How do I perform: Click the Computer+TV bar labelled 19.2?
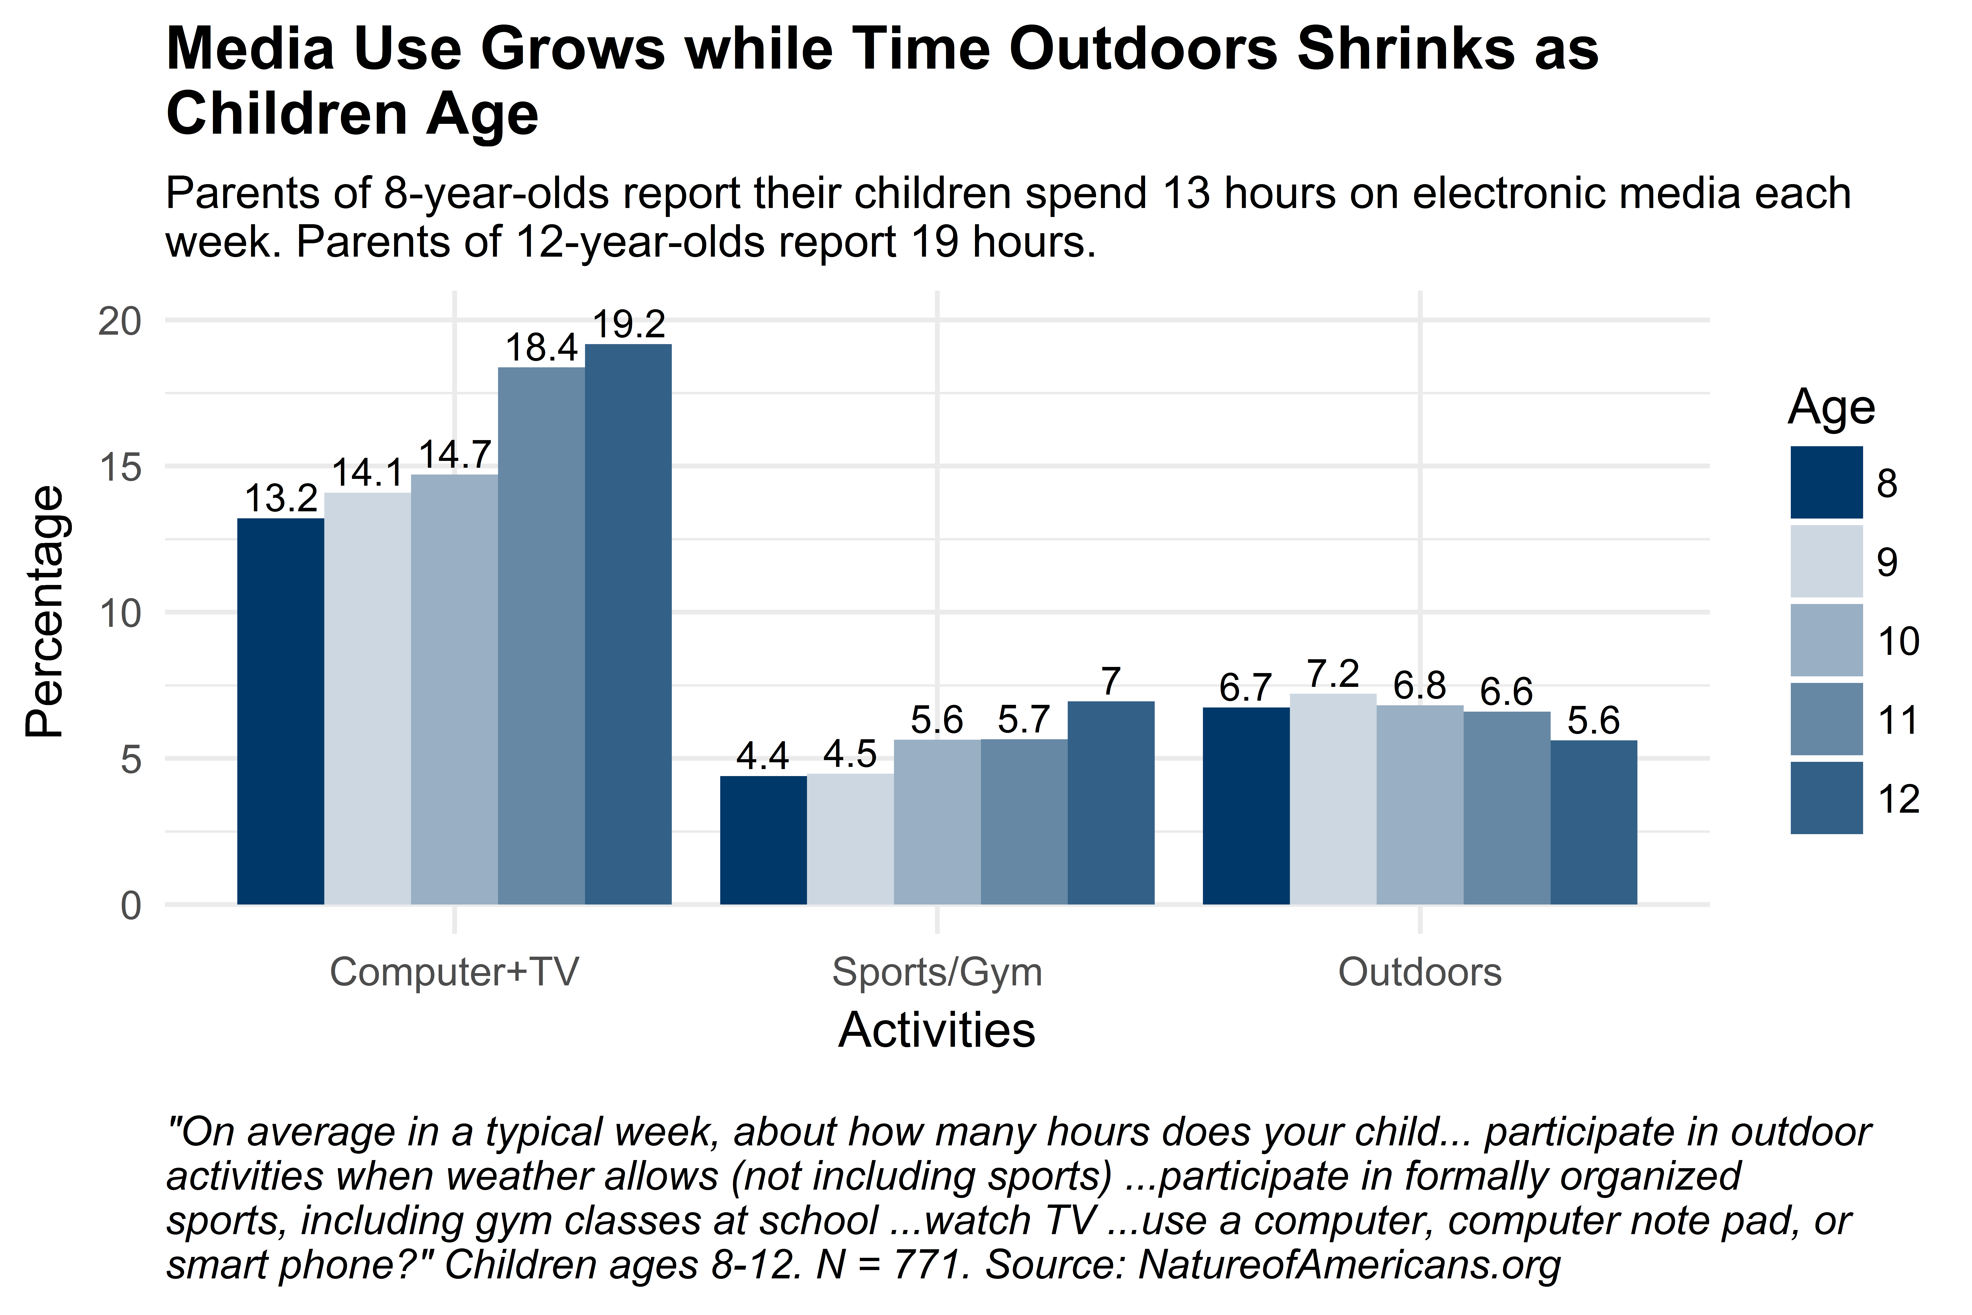click(628, 625)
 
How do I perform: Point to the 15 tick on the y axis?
click(120, 467)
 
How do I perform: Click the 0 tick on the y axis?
click(131, 906)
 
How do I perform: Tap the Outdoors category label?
click(1419, 973)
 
